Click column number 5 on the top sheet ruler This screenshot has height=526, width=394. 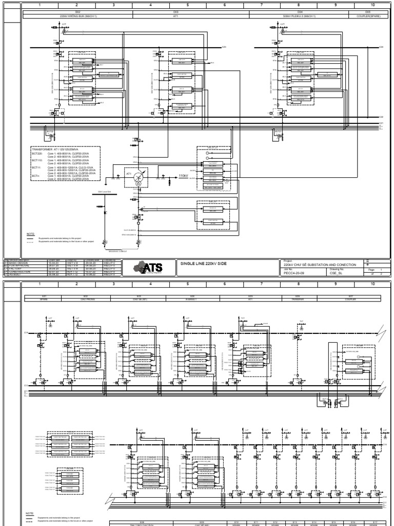[188, 6]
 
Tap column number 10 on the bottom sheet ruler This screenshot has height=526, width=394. [373, 283]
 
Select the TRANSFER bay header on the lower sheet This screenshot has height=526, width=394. [298, 298]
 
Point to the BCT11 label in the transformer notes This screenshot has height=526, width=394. [36, 167]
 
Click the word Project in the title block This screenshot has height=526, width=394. [287, 260]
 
